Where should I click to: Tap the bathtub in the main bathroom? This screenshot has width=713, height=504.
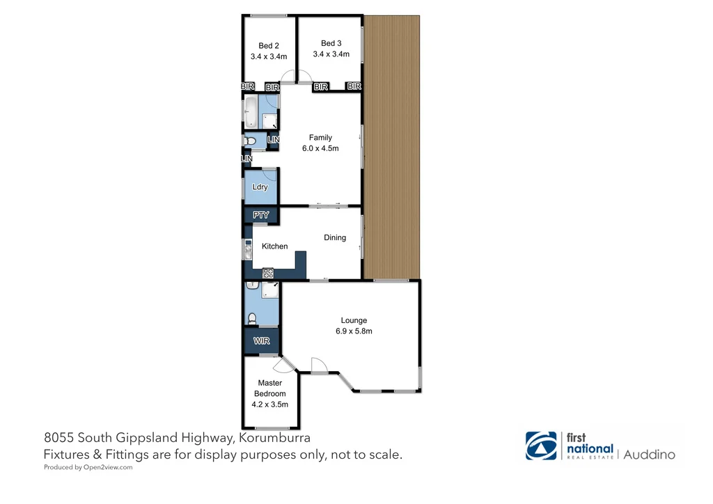coord(250,111)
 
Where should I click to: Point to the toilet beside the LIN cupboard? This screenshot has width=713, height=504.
coord(251,141)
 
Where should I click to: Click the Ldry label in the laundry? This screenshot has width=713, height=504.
coord(260,187)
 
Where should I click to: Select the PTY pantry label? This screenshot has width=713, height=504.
coord(260,215)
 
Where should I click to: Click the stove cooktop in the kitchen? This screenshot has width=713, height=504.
coord(268,274)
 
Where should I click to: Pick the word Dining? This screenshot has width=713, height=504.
coord(335,237)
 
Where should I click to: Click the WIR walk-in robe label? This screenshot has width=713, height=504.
coord(261,341)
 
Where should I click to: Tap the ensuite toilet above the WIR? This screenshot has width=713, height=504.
coord(252,319)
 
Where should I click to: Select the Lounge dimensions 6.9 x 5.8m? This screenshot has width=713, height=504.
coord(354,331)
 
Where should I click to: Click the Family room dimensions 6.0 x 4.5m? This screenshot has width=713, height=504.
coord(320,148)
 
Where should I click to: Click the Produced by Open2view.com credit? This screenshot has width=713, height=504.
coord(88,468)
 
